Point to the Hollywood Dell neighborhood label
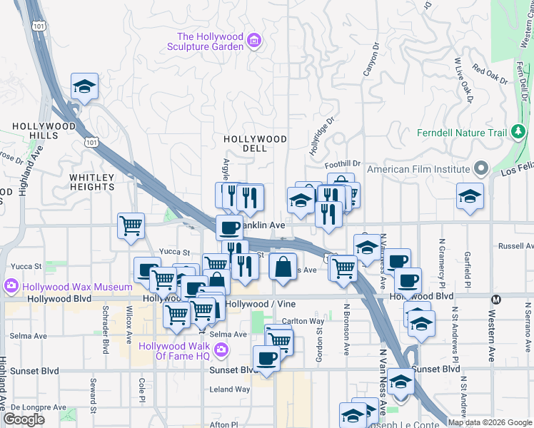(255, 143)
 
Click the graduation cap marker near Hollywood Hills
(84, 88)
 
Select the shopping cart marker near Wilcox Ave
(131, 227)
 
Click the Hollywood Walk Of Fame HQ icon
(221, 349)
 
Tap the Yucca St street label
(174, 252)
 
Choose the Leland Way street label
(229, 389)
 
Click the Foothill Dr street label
(346, 163)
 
